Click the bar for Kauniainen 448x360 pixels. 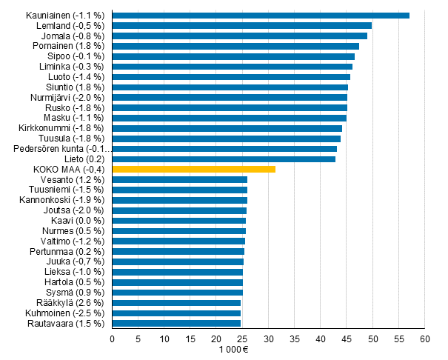pos(261,15)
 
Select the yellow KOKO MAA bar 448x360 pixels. pos(193,169)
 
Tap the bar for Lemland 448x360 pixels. pos(241,25)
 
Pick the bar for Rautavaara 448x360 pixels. pos(176,323)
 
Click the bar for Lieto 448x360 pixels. pos(224,159)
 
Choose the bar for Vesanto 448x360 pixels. pos(180,179)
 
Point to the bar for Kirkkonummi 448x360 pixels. pos(227,128)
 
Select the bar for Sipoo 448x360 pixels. pos(233,56)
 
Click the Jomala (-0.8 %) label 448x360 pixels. pos(74,36)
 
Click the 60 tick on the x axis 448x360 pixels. pos(425,339)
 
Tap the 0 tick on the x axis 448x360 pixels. pos(112,339)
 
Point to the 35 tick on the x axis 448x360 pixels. pos(295,339)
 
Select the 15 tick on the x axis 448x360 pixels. pos(190,339)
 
